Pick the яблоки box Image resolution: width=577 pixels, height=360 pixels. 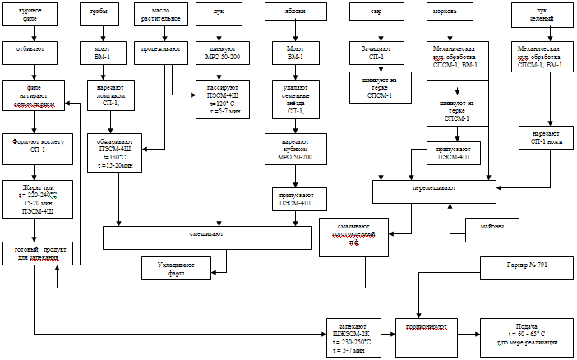pos(289,14)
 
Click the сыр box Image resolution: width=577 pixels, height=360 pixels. pos(377,14)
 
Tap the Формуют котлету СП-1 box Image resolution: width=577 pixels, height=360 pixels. pos(30,145)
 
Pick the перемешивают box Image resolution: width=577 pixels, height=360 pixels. pos(435,191)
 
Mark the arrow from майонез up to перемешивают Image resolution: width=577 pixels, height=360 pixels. pos(449,210)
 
